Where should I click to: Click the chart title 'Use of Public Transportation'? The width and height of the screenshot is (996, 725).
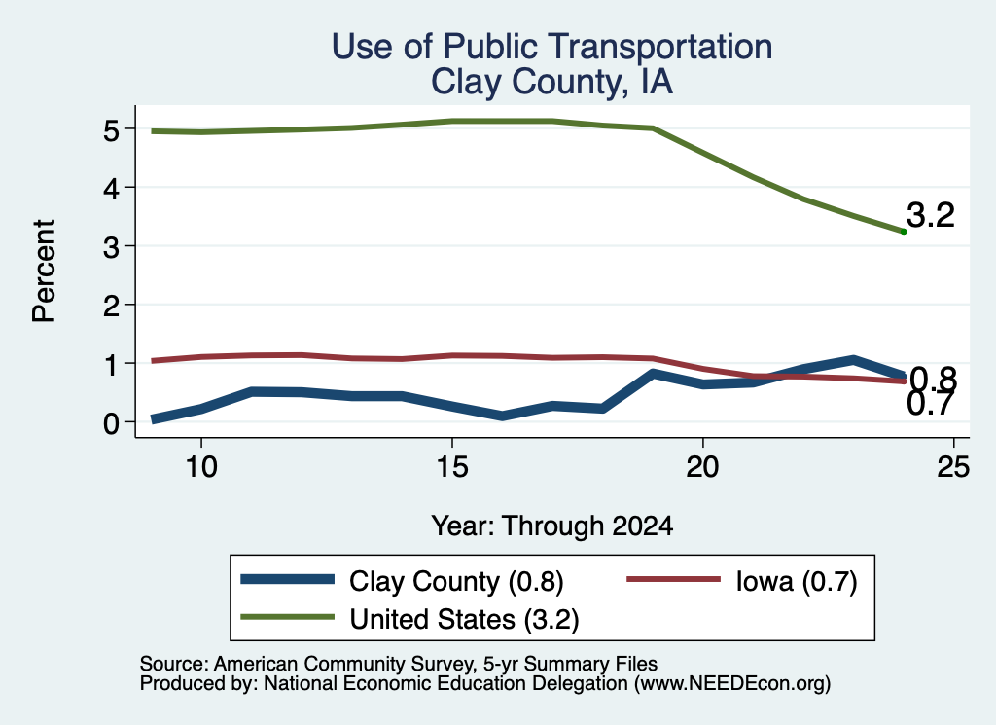pos(552,47)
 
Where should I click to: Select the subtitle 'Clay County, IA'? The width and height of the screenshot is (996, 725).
pos(552,82)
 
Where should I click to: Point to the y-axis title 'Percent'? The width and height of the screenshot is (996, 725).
pos(45,272)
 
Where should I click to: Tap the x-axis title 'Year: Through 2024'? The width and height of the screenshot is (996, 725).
pos(552,526)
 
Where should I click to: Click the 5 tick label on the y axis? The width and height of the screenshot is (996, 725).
pos(111,131)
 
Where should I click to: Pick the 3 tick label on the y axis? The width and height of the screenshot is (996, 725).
pos(111,247)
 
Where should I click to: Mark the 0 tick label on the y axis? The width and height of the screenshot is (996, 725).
pos(111,423)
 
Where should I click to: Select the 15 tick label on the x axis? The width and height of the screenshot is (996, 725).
pos(452,468)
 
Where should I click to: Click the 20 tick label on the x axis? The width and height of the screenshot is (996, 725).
pos(702,468)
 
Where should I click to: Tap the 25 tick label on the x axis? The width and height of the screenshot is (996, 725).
pos(953,468)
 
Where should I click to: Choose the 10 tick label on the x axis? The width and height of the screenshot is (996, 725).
pos(201,468)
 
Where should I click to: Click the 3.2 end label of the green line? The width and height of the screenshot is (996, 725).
pos(931,215)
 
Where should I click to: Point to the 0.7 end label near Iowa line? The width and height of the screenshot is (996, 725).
pos(930,405)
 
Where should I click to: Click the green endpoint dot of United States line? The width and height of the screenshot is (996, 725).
pos(904,232)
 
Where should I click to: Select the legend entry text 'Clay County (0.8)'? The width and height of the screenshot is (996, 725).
pos(456,581)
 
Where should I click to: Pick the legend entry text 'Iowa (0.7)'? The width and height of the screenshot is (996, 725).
pos(797,581)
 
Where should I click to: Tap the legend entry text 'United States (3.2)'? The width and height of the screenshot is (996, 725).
pos(464,620)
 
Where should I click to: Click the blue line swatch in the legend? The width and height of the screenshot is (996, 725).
pos(288,579)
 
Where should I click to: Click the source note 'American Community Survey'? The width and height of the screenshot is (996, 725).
pos(343,664)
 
